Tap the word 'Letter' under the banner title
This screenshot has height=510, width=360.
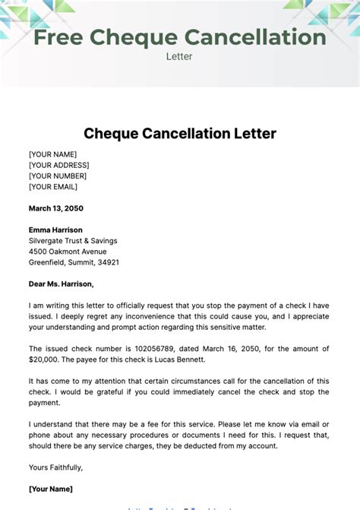[179, 55]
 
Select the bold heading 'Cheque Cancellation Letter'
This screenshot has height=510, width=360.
[180, 134]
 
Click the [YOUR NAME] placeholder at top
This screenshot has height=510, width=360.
[53, 154]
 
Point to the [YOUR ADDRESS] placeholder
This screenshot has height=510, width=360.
[59, 165]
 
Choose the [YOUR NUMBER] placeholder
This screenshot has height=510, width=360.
[58, 176]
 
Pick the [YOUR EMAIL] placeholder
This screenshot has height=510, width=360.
[53, 186]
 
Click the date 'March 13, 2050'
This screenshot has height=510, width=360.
[56, 208]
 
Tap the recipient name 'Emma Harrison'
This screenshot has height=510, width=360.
[55, 230]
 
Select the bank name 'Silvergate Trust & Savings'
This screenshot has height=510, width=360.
[73, 241]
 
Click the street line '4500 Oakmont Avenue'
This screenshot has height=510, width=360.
[68, 252]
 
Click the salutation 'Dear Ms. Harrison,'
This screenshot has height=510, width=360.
[62, 284]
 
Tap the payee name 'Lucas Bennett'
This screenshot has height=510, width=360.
[182, 360]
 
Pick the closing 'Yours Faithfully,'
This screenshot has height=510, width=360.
[56, 467]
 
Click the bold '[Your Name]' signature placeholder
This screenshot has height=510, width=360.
[51, 489]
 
